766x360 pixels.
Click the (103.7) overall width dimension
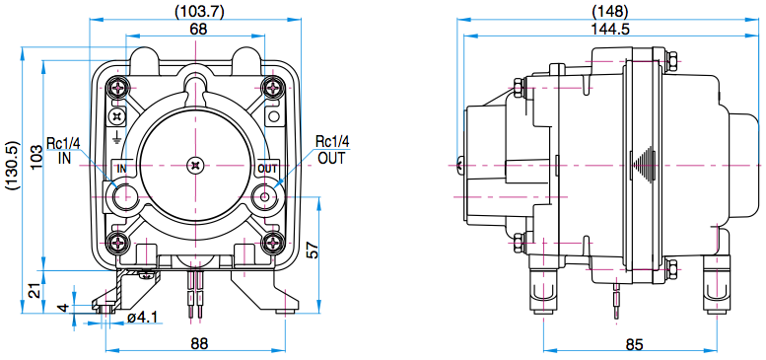pos(199,12)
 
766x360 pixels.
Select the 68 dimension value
pos(198,29)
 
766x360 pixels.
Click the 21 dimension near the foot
pos(35,292)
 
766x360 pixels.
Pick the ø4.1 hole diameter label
pos(142,317)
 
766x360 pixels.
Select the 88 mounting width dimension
pos(198,343)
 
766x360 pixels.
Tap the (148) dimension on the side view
pos(609,11)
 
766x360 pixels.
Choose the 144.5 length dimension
pos(609,29)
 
